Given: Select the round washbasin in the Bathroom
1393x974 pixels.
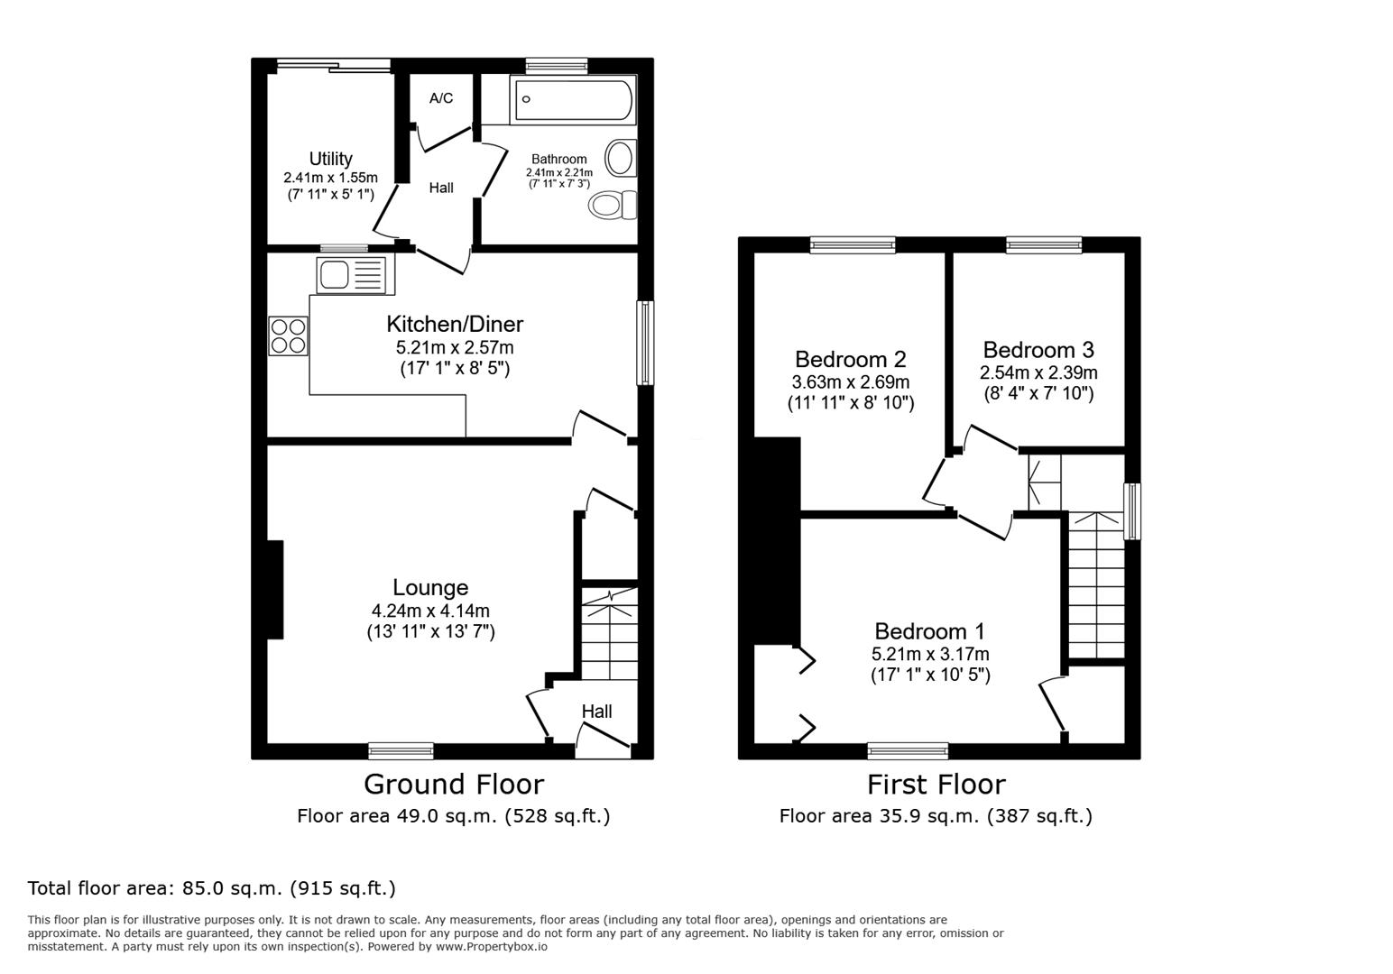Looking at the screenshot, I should [620, 159].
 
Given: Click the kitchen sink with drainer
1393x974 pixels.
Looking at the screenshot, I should [350, 274].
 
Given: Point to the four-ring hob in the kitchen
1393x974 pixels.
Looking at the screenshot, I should [288, 335].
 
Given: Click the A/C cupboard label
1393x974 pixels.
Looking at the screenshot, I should [441, 98].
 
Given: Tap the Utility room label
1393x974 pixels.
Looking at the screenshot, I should [330, 159].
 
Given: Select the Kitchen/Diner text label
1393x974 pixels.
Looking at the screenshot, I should [455, 324].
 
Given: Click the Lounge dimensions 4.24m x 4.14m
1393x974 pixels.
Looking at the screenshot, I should [429, 611].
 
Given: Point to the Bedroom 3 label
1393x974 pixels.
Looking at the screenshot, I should [1038, 350].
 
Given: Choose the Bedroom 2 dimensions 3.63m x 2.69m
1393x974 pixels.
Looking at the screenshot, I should [850, 382].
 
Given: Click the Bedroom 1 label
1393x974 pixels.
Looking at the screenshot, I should [929, 631].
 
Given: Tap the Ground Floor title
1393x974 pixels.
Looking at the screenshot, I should [454, 784].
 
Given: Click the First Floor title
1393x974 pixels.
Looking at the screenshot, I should [936, 785].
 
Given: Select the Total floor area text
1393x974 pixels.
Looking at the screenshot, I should [212, 888].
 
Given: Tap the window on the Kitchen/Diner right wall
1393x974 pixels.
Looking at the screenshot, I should [645, 343].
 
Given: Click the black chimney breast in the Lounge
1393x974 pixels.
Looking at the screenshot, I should [274, 589].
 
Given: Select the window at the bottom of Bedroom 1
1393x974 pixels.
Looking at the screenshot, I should [908, 750].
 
